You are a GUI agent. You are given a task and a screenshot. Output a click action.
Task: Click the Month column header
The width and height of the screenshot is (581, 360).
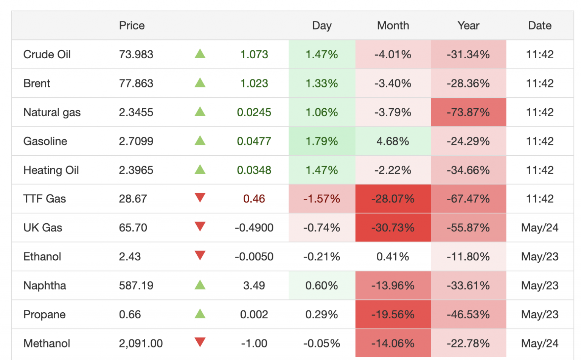tap(393, 25)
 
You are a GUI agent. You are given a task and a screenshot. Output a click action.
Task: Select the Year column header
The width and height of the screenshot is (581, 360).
tap(468, 25)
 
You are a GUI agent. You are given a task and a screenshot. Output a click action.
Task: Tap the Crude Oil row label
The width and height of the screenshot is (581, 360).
tap(47, 55)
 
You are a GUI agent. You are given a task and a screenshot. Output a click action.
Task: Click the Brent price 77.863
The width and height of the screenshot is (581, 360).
tap(136, 83)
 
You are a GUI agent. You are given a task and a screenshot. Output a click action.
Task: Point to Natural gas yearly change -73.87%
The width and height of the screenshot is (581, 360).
tap(468, 112)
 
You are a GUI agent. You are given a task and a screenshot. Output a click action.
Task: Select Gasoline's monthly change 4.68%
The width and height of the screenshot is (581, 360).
tap(393, 141)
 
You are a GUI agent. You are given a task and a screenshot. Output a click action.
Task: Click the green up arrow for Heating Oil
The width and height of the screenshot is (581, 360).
tap(200, 170)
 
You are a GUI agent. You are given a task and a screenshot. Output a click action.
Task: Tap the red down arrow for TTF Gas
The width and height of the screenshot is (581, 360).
tap(200, 198)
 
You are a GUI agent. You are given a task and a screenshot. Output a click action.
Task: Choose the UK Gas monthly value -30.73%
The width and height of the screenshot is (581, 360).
tap(393, 228)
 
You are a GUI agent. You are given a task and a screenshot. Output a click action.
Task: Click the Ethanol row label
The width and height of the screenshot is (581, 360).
tap(42, 257)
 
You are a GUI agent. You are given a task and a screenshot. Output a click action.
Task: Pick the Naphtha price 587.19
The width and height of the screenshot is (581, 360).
tap(136, 285)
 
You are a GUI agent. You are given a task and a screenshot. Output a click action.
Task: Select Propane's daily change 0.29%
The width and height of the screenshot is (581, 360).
tap(322, 315)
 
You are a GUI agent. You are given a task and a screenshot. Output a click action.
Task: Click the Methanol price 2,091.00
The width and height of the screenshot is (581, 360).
tap(141, 343)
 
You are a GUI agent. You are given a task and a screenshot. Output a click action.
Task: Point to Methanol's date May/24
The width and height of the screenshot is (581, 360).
tap(540, 343)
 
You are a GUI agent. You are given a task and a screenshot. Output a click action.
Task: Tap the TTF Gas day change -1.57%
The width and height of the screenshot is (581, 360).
tap(322, 199)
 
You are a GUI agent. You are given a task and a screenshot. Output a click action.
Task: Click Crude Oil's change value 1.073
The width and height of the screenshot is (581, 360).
tap(254, 55)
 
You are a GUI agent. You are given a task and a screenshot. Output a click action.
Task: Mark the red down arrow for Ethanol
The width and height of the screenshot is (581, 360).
tap(200, 256)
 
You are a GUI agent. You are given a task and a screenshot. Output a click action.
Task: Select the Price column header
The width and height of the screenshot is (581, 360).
tap(132, 25)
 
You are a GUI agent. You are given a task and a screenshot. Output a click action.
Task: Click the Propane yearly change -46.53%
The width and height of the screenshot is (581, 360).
tap(468, 315)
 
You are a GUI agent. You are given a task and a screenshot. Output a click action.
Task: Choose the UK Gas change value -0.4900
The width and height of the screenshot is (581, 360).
tap(254, 228)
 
